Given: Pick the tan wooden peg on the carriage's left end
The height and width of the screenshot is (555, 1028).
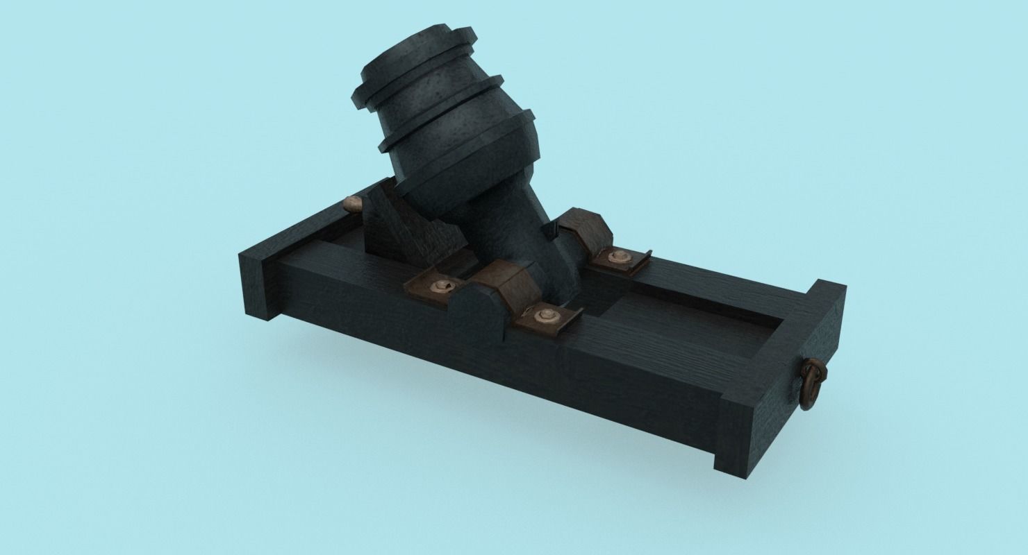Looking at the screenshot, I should pos(352,203).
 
